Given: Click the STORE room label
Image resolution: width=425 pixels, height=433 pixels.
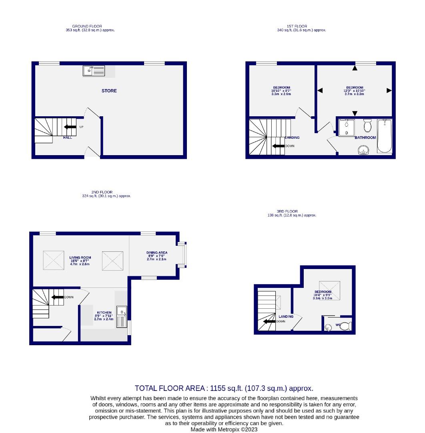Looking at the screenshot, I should click(109, 91).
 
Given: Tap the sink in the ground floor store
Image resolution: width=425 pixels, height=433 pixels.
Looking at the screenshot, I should click(94, 71).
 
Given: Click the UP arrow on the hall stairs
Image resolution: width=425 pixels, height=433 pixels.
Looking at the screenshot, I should click(70, 127).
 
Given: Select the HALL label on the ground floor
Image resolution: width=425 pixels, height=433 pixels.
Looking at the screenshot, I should click(68, 138).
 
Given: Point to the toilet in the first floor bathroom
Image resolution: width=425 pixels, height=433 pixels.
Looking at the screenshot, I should click(367, 126).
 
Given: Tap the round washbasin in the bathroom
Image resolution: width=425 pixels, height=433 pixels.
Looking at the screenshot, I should click(364, 150).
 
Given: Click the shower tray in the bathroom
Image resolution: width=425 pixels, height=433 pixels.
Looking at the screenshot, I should click(346, 128).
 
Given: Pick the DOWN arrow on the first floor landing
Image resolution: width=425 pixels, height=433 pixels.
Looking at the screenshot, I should click(278, 146).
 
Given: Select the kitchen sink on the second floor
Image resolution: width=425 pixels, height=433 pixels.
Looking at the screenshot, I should click(122, 316).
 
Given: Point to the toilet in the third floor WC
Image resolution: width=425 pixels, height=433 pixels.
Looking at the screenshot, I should click(345, 326).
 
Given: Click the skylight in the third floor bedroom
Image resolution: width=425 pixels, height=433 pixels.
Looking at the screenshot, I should click(329, 290).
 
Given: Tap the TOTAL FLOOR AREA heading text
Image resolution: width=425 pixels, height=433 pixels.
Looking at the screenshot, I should click(224, 388).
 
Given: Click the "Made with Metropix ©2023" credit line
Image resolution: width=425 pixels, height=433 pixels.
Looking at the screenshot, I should click(224, 429).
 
